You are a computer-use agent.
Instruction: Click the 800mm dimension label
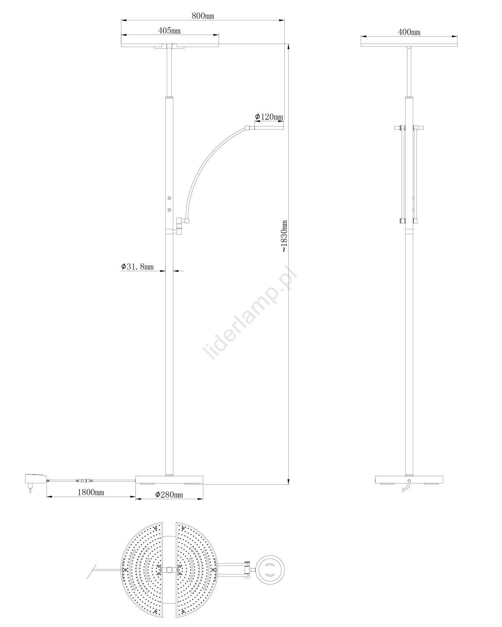203,16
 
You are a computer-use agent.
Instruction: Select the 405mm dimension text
169,31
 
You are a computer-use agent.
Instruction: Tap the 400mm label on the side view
409,32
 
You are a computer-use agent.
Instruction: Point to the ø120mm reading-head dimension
269,117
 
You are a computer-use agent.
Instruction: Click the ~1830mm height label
285,236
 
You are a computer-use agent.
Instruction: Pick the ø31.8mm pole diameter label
137,266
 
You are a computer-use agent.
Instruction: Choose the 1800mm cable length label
91,492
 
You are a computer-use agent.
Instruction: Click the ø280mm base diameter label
169,494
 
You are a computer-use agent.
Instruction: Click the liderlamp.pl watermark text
250,313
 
